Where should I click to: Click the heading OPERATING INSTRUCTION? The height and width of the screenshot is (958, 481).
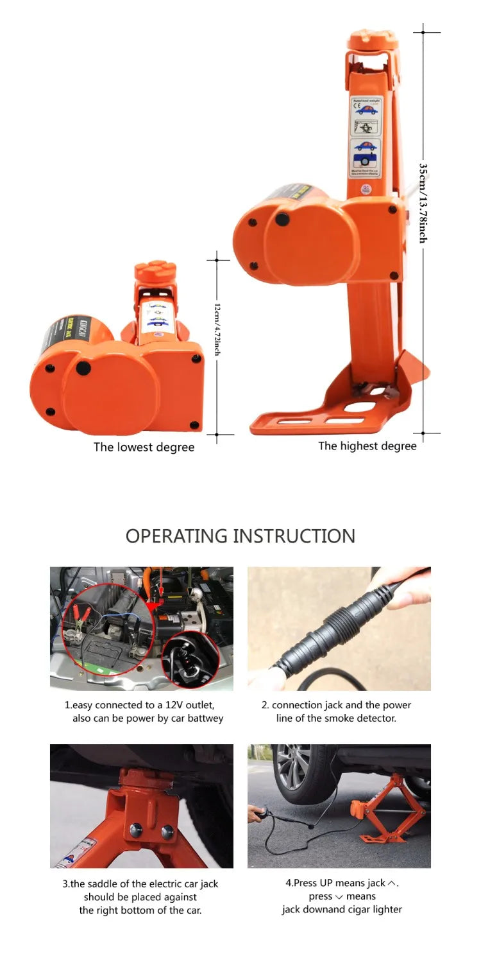pos(240,536)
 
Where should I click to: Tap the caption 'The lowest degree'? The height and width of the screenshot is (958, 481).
pos(144,447)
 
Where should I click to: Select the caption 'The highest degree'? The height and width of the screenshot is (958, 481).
pos(367,446)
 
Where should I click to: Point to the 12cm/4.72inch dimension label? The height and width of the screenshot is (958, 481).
pos(217,329)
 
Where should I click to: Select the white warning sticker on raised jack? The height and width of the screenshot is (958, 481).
pos(364,137)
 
